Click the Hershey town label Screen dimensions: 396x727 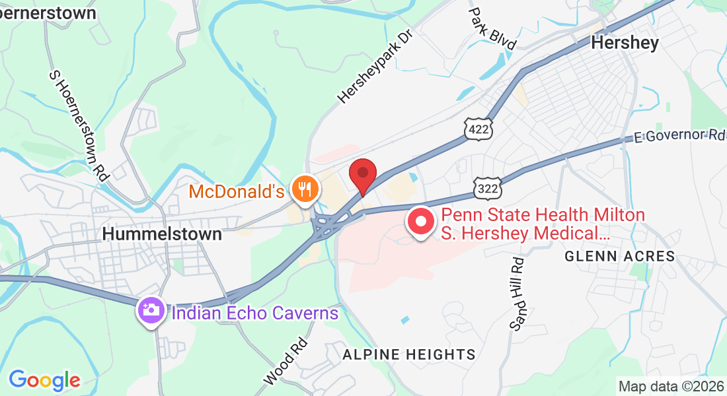coord(625,43)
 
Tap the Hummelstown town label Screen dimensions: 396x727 coord(162,234)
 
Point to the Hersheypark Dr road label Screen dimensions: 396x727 coord(374,65)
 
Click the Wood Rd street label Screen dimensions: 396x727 coord(286,361)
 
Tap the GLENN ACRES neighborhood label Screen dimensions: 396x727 coord(619,256)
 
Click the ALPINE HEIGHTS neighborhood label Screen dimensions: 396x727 coord(409,354)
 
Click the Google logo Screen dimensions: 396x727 coord(44,380)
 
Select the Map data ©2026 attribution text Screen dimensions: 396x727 coord(670,386)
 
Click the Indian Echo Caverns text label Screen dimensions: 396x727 coord(255,313)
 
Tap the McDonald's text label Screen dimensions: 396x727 coord(237,192)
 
